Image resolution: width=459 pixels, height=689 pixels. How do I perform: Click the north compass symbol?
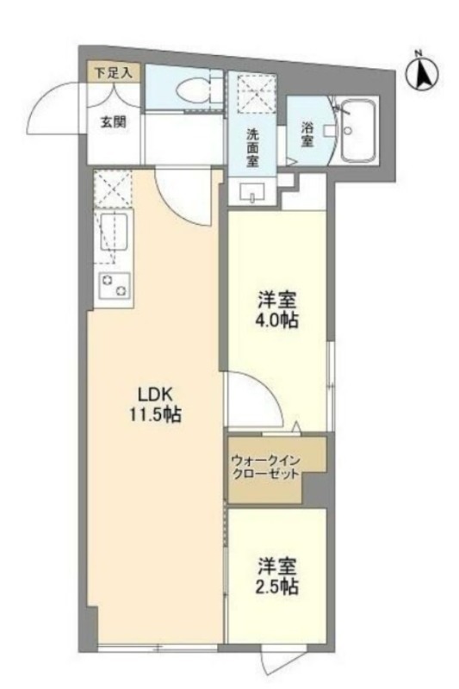pyautogui.click(x=421, y=73)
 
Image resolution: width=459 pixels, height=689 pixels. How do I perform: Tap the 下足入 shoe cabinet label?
pyautogui.click(x=114, y=72)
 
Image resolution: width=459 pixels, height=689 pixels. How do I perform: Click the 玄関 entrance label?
pyautogui.click(x=114, y=121)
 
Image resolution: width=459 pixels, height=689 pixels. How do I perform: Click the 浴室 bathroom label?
pyautogui.click(x=307, y=134)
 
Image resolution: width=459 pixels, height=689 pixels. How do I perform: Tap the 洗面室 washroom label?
pyautogui.click(x=252, y=147)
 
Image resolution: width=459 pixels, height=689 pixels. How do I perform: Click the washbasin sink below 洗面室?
pyautogui.click(x=252, y=192)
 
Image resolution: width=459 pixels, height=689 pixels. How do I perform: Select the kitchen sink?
pyautogui.click(x=114, y=232)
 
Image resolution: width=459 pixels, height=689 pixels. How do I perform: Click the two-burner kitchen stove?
pyautogui.click(x=115, y=285)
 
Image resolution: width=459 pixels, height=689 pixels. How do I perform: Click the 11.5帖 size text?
pyautogui.click(x=155, y=414)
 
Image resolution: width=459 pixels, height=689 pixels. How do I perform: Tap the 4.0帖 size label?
pyautogui.click(x=276, y=320)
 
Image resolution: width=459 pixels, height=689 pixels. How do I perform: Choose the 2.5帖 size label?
pyautogui.click(x=276, y=587)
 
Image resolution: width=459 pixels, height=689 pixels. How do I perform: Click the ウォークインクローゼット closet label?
pyautogui.click(x=266, y=468)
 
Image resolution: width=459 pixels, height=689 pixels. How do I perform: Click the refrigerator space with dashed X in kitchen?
pyautogui.click(x=113, y=189)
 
